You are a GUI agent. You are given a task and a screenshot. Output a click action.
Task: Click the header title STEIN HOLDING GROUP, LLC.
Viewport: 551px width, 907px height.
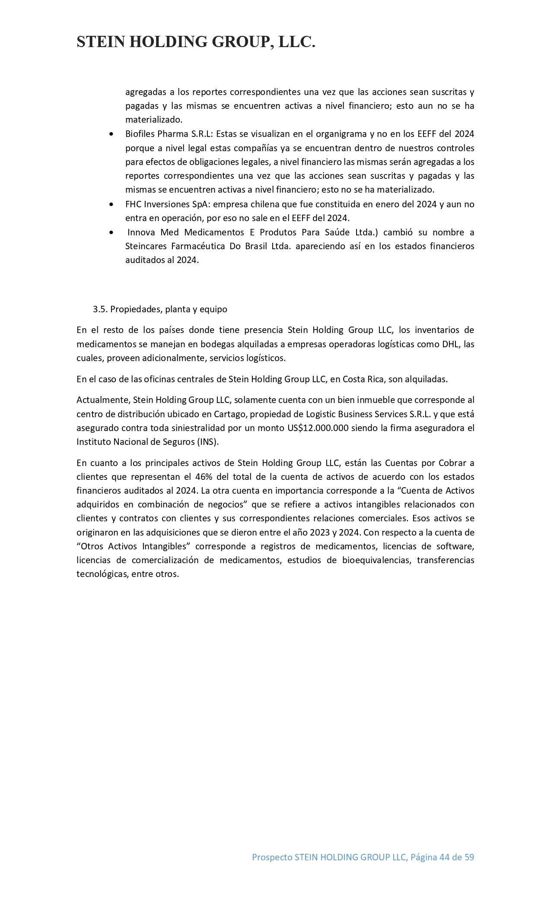[196, 42]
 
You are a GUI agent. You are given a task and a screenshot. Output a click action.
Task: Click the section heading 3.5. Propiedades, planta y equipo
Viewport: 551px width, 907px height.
[160, 309]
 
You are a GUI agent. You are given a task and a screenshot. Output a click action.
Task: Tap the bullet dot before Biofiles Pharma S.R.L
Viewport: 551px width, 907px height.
[112, 134]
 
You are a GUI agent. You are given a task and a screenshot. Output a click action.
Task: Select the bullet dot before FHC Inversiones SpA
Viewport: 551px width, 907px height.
[112, 204]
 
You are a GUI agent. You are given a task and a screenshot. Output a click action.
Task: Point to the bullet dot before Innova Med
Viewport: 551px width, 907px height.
[112, 233]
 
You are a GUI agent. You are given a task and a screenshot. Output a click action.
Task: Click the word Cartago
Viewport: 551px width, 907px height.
[219, 414]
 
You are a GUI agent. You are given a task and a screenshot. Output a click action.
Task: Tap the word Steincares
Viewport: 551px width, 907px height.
[147, 246]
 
